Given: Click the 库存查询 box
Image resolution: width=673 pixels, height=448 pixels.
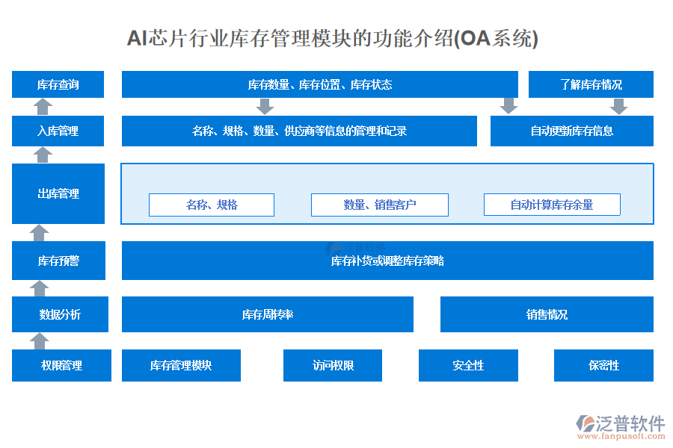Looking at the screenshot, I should coord(58,84).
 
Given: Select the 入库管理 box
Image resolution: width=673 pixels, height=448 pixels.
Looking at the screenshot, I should coord(58,131).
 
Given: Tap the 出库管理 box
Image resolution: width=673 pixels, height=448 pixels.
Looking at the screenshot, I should coord(58,193).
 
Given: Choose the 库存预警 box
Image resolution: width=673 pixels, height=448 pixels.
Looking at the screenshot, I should coord(58,261).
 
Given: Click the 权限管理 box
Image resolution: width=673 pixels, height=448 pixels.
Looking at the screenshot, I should coord(61,365).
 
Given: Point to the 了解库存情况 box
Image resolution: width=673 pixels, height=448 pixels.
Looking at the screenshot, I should coord(591,84).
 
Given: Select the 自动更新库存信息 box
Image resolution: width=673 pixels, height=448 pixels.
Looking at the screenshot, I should coord(571,131).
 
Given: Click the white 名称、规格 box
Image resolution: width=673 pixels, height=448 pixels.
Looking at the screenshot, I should coord(212,205).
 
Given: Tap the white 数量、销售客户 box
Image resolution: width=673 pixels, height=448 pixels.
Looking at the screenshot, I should coord(380,205).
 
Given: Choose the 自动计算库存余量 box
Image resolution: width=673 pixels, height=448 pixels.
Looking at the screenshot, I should coord(552,205).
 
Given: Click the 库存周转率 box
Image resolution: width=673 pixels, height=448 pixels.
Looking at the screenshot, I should coord(267,314).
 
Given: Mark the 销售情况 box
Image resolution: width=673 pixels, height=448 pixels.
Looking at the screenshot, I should coord(547,314).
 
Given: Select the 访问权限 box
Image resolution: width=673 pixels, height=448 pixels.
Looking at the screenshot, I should coord(333,365).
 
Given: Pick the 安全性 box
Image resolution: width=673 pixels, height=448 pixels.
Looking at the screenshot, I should coord(468,365).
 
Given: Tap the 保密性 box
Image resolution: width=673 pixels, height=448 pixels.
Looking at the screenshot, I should coord(603,365).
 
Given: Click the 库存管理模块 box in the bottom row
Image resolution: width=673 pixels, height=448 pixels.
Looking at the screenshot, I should coord(181,365).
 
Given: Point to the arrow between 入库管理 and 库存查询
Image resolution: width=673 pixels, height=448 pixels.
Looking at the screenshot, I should coord(43,107).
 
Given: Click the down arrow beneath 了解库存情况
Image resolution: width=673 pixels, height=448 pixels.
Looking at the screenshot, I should coord(618,106).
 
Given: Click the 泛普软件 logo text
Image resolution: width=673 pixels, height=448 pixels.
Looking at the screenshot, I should coord(630,424).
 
